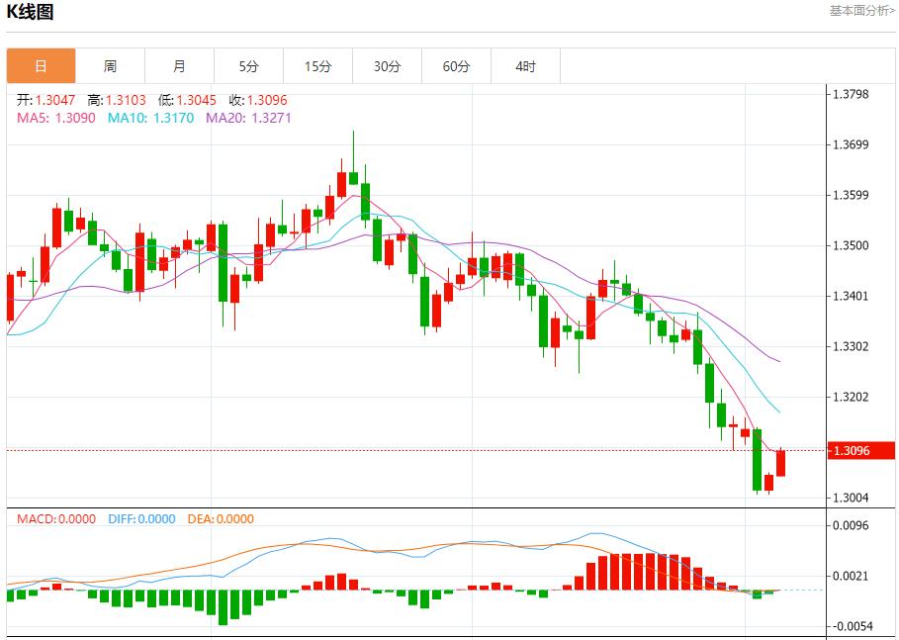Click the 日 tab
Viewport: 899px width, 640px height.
[x=41, y=66]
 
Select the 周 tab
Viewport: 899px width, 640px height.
[x=110, y=66]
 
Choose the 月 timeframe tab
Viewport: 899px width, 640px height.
[x=179, y=66]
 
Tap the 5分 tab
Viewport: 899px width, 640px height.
[x=248, y=66]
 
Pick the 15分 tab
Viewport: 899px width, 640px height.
[x=317, y=66]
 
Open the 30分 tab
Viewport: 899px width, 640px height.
[x=387, y=66]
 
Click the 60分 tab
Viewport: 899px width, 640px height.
[x=456, y=66]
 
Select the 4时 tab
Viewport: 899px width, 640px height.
[x=525, y=66]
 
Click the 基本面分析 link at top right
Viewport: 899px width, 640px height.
[x=861, y=11]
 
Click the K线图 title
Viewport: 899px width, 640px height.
[x=31, y=12]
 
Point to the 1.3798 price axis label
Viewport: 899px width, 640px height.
[x=851, y=94]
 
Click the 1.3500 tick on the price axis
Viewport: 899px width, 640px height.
[x=851, y=245]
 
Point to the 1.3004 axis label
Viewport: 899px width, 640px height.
[x=851, y=498]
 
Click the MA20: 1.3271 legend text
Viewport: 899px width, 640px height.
[x=248, y=118]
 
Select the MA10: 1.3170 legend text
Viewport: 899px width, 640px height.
[x=150, y=118]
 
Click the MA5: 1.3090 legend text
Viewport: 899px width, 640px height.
[x=55, y=118]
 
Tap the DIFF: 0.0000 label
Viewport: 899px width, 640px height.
[x=140, y=518]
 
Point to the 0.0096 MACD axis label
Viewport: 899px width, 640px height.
[x=851, y=525]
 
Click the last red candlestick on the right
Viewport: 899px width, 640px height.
[x=781, y=462]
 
